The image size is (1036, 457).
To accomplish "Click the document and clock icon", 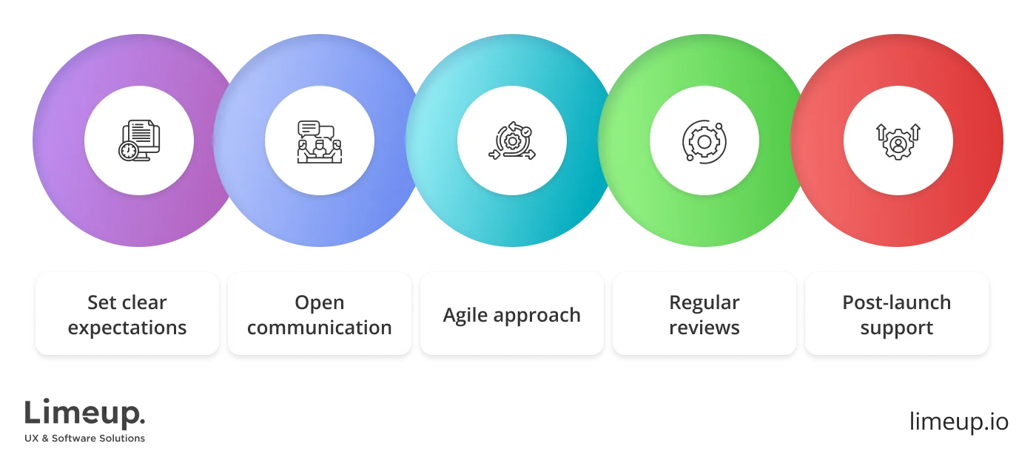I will coord(139,141).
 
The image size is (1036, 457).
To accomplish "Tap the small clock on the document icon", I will coord(128,151).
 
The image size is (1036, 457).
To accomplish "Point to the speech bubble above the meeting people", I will coord(309,128).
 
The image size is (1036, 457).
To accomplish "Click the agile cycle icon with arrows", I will coord(511,141).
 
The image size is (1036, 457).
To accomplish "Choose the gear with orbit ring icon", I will coord(704,141).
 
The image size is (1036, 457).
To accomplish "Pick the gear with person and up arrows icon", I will coord(898,141).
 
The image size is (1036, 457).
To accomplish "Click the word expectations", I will coord(127,328).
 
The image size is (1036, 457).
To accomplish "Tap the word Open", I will coord(319,302).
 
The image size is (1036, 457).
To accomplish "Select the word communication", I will coord(319,328).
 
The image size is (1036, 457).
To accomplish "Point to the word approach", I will coord(539,315).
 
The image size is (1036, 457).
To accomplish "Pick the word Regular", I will coord(704,302).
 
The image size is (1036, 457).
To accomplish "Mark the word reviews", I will coord(704,328).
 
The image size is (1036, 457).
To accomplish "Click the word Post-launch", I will coord(896,302).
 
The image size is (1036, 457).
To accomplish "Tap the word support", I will coord(896,328).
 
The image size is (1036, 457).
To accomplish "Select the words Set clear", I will coord(127,302).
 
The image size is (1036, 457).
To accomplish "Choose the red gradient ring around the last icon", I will coord(977,141).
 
